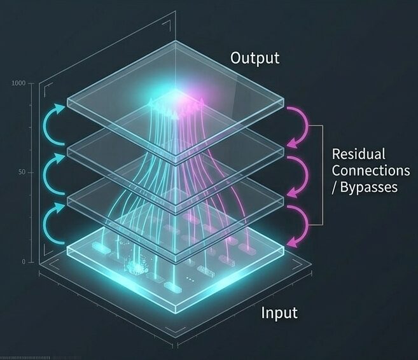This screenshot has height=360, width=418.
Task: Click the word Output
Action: click(255, 58)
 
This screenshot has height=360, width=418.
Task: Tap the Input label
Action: click(279, 312)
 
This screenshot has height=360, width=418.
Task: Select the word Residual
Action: click(358, 154)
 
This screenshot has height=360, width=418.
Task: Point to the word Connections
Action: click(371, 170)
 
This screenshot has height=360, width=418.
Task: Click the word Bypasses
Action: click(368, 187)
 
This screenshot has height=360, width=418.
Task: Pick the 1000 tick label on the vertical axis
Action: click(18, 83)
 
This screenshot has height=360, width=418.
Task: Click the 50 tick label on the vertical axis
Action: click(22, 172)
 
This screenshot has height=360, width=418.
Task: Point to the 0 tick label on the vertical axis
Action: click(24, 262)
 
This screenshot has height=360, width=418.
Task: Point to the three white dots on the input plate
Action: click(190, 279)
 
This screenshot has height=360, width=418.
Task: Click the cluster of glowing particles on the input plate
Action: click(137, 267)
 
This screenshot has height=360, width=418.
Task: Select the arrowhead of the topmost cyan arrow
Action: click(60, 108)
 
